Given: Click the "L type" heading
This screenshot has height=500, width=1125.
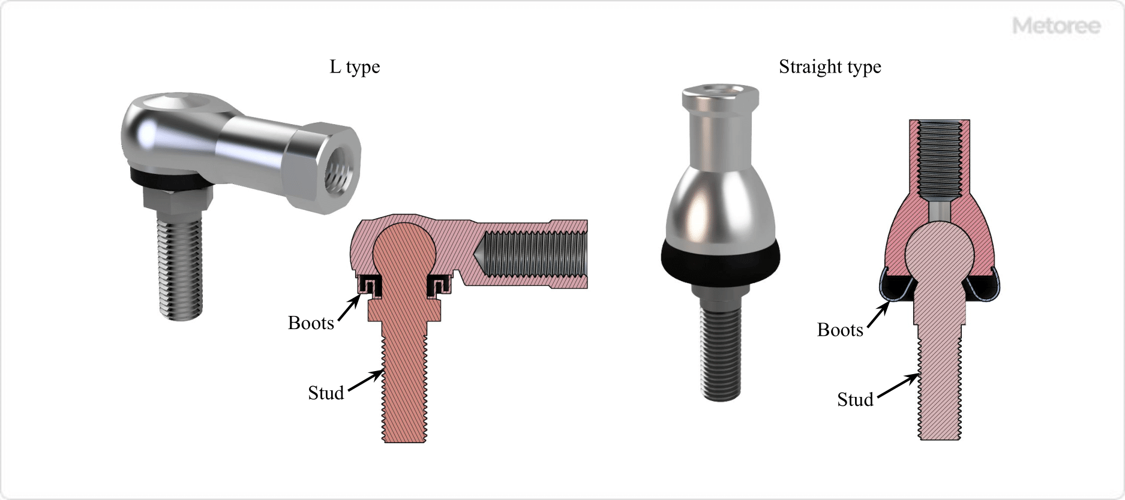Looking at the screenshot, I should [355, 67].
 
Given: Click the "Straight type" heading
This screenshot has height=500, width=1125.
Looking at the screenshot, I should [830, 67].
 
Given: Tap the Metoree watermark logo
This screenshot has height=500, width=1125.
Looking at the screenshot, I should [1056, 26].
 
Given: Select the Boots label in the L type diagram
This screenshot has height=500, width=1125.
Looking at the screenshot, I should [311, 323].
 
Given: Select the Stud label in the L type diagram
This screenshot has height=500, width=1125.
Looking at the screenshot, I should [326, 393].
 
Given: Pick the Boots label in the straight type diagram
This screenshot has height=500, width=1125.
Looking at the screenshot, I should [840, 330].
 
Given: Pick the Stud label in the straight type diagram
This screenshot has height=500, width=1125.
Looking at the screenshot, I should [855, 400].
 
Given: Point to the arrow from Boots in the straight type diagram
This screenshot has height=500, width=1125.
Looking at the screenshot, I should [878, 315].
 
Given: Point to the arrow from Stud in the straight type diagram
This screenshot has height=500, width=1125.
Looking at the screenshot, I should [898, 387].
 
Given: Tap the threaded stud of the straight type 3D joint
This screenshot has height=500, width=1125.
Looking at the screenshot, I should [721, 354].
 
